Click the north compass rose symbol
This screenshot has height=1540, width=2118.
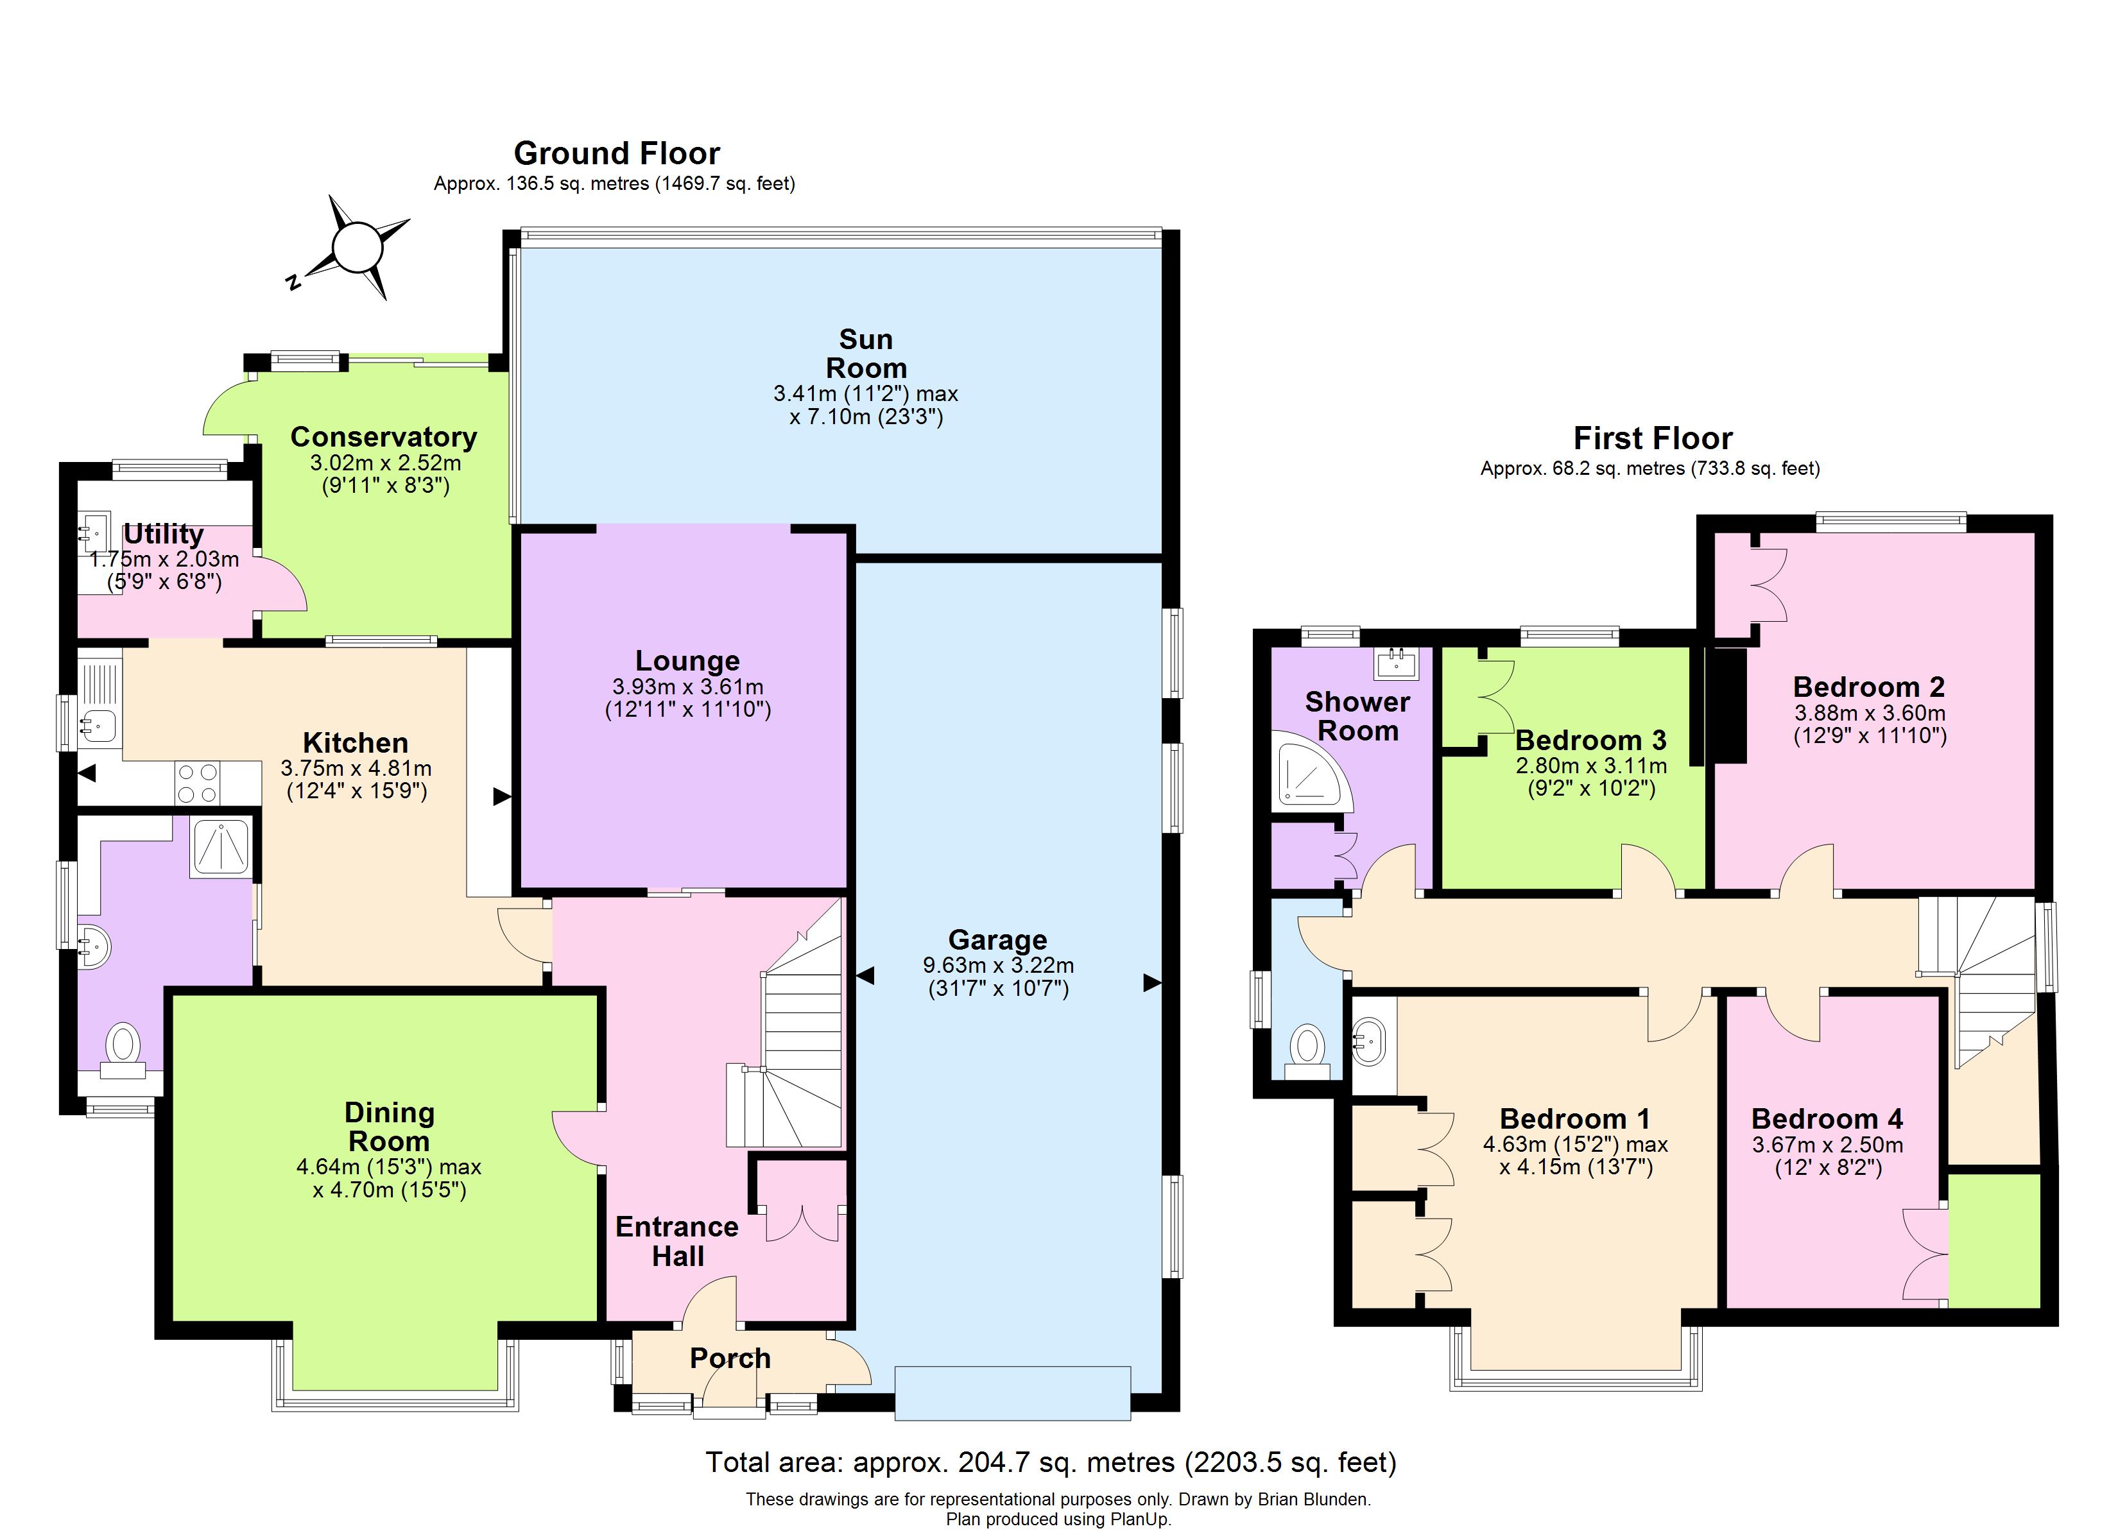(x=357, y=248)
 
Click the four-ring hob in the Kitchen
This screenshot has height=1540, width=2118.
(x=198, y=783)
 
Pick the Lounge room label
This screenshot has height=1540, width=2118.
(x=687, y=660)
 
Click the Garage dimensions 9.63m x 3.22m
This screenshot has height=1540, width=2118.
(x=997, y=964)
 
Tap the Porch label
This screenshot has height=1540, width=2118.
(x=730, y=1358)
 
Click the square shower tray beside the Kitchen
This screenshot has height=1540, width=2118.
(x=220, y=847)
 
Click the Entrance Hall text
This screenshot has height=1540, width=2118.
(x=677, y=1241)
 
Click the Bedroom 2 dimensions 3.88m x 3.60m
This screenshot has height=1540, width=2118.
(x=1870, y=712)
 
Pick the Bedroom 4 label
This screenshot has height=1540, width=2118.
(x=1827, y=1118)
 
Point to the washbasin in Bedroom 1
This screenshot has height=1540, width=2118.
(x=1369, y=1040)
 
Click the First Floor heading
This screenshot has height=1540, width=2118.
(x=1652, y=438)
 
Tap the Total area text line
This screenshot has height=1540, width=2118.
(x=1051, y=1462)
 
